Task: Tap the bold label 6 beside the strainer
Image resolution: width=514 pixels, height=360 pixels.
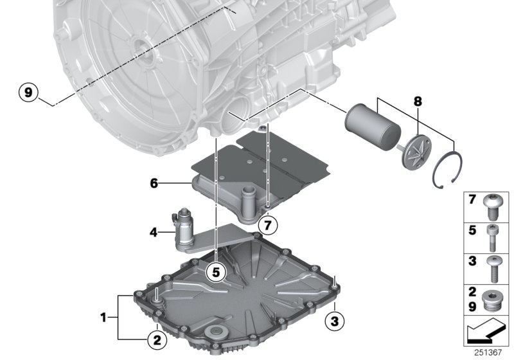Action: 154,183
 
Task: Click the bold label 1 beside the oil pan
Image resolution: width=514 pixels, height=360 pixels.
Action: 104,317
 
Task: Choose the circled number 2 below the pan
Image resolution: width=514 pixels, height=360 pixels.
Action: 155,336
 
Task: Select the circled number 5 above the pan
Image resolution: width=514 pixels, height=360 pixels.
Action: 217,273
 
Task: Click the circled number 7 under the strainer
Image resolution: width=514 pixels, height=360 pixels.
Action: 268,225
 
